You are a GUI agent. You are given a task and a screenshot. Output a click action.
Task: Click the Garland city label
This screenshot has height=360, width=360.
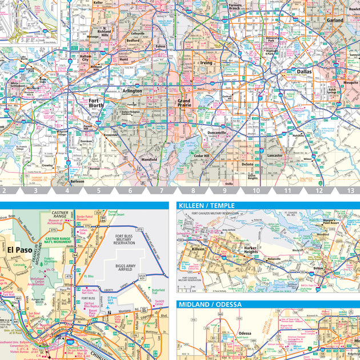[335, 20]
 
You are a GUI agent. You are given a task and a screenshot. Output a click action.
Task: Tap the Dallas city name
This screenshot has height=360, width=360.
[304, 71]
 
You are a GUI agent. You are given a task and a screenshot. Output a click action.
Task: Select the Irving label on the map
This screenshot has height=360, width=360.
[206, 63]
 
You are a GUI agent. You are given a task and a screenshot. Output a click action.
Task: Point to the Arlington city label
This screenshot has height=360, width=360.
[132, 90]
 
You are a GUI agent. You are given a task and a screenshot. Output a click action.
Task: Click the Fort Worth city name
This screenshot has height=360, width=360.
[96, 103]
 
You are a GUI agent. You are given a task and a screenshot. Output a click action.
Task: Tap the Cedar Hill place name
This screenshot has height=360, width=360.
[202, 155]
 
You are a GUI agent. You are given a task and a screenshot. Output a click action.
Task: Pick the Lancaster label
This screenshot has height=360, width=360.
[275, 155]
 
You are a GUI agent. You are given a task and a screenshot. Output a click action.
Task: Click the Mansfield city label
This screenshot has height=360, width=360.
[150, 159]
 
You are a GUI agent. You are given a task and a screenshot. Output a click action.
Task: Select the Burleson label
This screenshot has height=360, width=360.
[77, 181]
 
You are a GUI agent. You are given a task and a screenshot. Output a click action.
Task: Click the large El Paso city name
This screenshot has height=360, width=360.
[19, 250]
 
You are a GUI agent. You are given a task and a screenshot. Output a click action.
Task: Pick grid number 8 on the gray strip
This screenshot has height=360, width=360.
[193, 190]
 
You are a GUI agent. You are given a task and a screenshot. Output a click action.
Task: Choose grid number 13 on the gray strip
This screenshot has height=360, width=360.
[350, 190]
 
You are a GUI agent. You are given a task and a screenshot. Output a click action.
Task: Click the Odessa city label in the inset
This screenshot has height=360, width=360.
[245, 333]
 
